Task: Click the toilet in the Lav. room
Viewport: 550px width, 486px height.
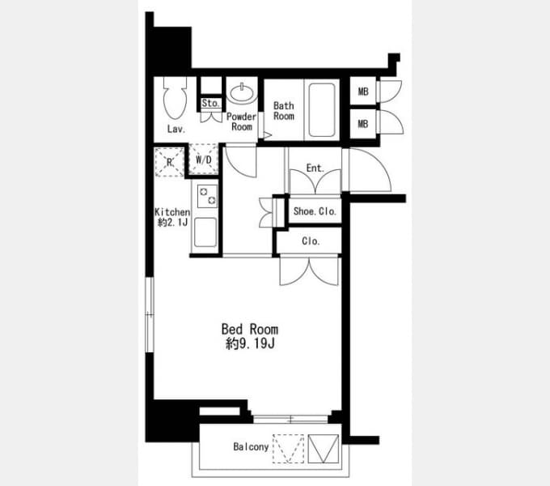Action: pyautogui.click(x=175, y=98)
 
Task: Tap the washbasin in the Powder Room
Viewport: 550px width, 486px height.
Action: pyautogui.click(x=242, y=92)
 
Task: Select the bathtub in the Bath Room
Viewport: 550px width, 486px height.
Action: pyautogui.click(x=322, y=110)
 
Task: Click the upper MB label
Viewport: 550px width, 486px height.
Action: pyautogui.click(x=363, y=92)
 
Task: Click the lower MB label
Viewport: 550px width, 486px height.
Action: pyautogui.click(x=363, y=124)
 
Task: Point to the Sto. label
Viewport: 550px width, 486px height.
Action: pyautogui.click(x=210, y=103)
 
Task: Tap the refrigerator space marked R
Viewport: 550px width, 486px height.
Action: pyautogui.click(x=170, y=162)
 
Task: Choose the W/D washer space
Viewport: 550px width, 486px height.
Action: pyautogui.click(x=204, y=160)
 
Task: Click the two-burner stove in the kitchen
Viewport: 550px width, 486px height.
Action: pyautogui.click(x=207, y=196)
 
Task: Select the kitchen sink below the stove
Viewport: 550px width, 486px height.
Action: pyautogui.click(x=205, y=232)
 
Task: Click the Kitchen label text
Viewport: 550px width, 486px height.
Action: pyautogui.click(x=172, y=212)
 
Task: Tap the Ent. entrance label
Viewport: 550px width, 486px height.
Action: pyautogui.click(x=315, y=168)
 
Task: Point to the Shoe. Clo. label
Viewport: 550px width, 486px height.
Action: pyautogui.click(x=315, y=211)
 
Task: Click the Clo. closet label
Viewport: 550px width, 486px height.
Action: pyautogui.click(x=311, y=241)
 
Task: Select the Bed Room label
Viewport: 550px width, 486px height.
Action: pyautogui.click(x=250, y=330)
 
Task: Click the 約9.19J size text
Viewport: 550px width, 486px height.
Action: pyautogui.click(x=250, y=343)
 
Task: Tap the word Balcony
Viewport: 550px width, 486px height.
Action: pyautogui.click(x=251, y=446)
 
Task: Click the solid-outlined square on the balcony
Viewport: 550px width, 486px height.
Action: pyautogui.click(x=323, y=449)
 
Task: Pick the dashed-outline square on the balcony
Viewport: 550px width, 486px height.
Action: pyautogui.click(x=288, y=449)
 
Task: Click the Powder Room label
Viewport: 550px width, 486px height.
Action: pyautogui.click(x=241, y=122)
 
